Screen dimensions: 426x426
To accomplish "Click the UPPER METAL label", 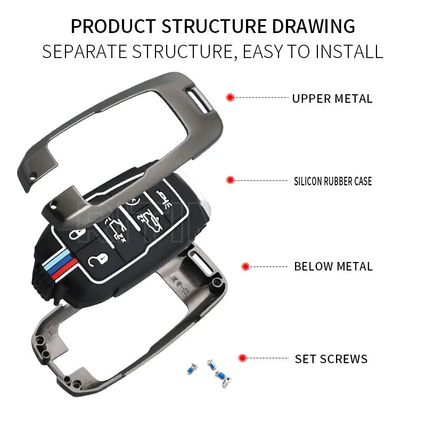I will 332,99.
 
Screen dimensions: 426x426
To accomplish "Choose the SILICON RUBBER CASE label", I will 333,182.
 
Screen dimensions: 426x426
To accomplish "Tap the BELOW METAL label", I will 333,266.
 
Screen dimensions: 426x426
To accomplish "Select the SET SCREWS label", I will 331,359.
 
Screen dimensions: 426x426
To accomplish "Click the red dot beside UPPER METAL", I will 231,97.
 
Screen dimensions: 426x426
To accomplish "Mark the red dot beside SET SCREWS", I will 243,358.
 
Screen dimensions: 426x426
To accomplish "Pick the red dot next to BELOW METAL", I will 245,266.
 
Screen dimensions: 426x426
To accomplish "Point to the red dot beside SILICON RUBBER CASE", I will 231,180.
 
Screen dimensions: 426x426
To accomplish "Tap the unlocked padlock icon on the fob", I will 95,260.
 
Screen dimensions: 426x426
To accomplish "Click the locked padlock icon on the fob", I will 78,234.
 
